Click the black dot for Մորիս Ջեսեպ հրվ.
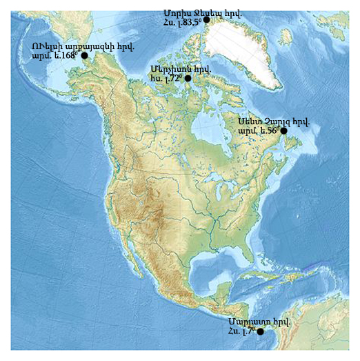coord(206,20)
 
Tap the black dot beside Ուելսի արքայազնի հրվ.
coord(84,55)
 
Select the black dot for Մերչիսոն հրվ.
coord(188,79)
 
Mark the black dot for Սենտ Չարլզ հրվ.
coord(283,130)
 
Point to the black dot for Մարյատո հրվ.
coord(260,332)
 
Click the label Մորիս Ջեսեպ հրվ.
coord(192,12)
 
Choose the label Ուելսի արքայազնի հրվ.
coord(82,46)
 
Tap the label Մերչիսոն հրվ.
coord(180,69)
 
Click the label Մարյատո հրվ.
coord(259,322)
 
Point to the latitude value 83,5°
coord(188,22)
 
